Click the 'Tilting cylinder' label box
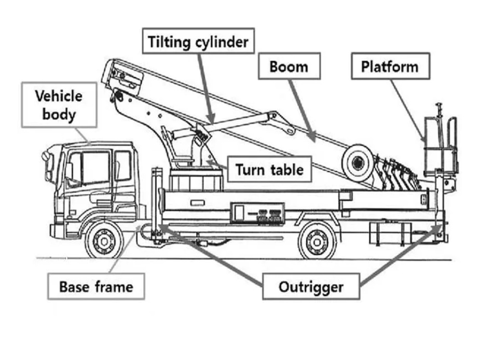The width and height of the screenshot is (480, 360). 198,41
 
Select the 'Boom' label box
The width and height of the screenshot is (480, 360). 289,66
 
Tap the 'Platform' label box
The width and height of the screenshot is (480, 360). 390,66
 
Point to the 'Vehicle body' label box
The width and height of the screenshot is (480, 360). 59,105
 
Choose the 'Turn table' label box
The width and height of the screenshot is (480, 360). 269,170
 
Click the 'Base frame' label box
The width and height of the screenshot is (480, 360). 96,286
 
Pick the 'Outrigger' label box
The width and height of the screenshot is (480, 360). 311,286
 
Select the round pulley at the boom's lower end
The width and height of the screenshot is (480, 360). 357,162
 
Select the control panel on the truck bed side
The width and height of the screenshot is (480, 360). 258,214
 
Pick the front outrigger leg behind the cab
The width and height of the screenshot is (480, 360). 154,205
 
